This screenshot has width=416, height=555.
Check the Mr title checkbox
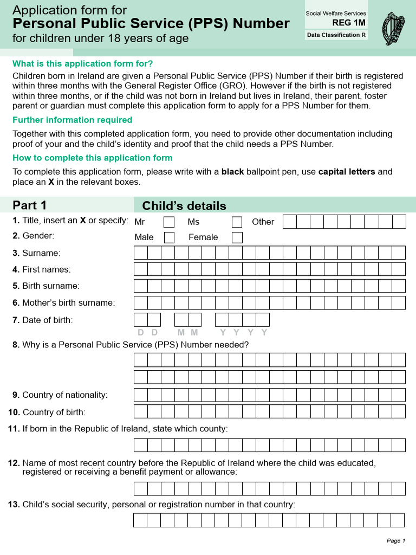pos(169,222)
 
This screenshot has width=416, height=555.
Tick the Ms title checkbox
pos(237,222)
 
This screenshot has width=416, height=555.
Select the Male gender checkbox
pos(169,237)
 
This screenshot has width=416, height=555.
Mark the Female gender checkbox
pos(237,237)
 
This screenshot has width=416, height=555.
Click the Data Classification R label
pos(336,35)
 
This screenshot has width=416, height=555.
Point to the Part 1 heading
pos(30,205)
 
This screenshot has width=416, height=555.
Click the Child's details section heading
pos(184,206)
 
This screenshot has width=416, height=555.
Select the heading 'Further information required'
pos(72,120)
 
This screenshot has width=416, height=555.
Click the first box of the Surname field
pos(141,253)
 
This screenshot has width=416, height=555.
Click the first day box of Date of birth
pos(141,320)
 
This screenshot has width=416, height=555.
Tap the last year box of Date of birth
pos(263,320)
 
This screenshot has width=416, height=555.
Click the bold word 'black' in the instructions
pos(233,172)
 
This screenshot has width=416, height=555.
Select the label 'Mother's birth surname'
pos(68,303)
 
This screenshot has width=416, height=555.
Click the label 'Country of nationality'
pos(64,395)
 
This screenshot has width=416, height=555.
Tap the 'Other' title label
pos(263,222)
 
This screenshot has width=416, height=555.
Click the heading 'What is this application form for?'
pos(83,63)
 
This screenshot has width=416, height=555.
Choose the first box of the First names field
pos(141,269)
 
